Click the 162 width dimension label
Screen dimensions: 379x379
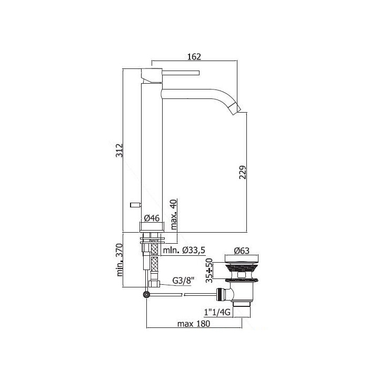pos(194,57)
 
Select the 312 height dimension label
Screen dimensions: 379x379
pos(119,151)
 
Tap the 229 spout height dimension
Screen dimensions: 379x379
pos(243,172)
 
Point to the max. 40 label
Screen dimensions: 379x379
pos(174,214)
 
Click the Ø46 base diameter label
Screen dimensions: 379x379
pos(152,218)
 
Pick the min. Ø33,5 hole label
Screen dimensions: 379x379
pos(184,251)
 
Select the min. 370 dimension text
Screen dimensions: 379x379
pos(120,260)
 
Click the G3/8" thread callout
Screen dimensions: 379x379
pos(184,281)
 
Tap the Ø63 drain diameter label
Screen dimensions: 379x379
pos(242,251)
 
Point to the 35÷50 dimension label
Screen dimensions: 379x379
pos(209,271)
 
